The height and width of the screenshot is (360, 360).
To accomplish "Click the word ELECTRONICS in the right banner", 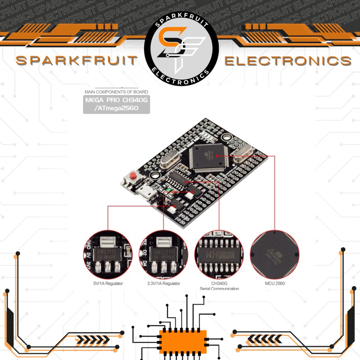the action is point(288,60).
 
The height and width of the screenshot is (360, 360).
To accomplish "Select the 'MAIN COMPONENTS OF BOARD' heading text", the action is point(116,92).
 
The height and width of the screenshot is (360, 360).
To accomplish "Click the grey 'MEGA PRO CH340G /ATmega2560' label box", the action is point(116,104).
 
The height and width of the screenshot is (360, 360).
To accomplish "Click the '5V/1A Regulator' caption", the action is point(108,283).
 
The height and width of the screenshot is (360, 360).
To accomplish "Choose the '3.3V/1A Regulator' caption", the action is point(164,283).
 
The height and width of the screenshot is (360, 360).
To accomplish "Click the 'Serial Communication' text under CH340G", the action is point(219,289).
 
